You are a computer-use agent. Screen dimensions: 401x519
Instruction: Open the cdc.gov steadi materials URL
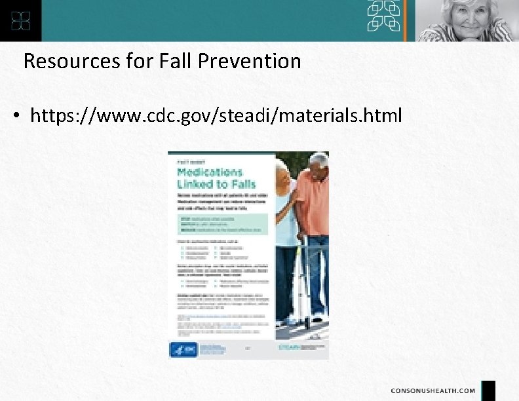tap(216, 116)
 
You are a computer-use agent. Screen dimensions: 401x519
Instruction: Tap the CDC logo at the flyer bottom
tap(178, 349)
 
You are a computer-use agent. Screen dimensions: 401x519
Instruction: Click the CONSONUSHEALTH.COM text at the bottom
tap(433, 391)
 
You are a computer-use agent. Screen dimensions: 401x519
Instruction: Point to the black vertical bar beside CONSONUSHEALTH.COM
tap(488, 391)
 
